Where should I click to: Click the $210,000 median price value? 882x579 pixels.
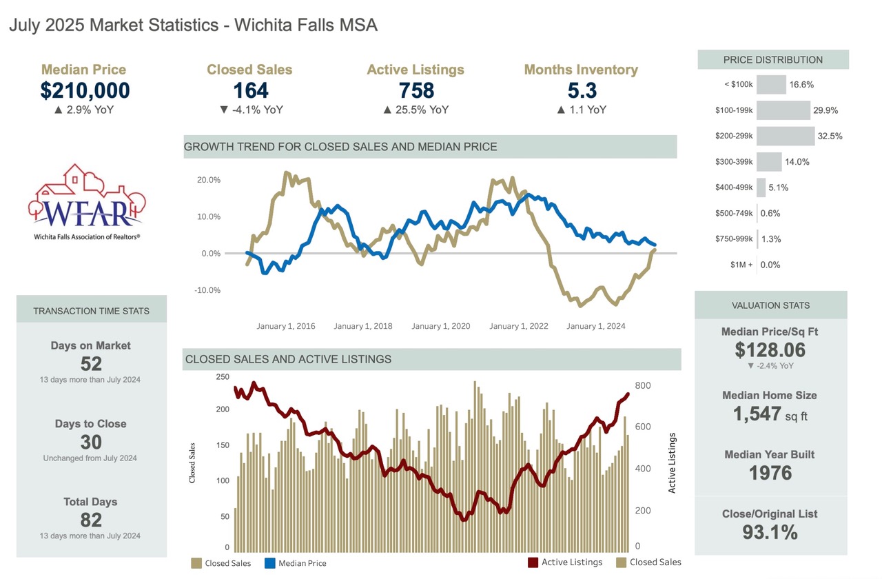click(85, 90)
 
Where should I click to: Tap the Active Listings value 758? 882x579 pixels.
click(416, 90)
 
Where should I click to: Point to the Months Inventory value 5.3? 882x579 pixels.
click(581, 90)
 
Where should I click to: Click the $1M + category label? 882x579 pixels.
click(738, 265)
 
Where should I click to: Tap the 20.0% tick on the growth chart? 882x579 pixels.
click(208, 180)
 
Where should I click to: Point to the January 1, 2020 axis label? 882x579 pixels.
click(441, 326)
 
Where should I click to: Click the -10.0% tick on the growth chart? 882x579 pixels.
click(207, 290)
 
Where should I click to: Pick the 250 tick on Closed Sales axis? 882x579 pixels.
click(222, 376)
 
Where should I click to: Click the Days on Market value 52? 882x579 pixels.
click(91, 364)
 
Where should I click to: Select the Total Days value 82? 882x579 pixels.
click(91, 520)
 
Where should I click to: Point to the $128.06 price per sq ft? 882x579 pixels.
click(770, 349)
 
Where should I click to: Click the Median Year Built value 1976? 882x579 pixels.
click(770, 473)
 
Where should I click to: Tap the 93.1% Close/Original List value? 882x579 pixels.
click(770, 532)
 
